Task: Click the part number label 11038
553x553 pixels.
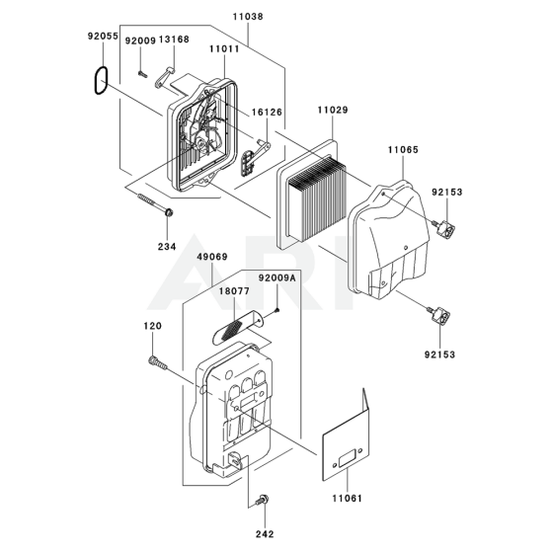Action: (x=248, y=17)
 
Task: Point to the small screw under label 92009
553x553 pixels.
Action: (x=142, y=73)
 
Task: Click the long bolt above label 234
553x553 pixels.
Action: (x=155, y=203)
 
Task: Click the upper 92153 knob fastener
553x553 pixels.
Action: (x=443, y=227)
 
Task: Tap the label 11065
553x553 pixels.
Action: (x=403, y=150)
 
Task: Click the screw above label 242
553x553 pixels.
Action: (x=264, y=500)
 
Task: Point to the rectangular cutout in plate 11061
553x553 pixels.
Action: (x=348, y=459)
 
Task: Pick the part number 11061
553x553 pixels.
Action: (x=347, y=499)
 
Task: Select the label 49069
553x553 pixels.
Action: (x=212, y=257)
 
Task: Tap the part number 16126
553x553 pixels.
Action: (x=267, y=113)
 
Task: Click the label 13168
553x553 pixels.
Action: (x=174, y=39)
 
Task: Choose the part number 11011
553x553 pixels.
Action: (x=224, y=48)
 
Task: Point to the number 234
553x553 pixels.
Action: (x=167, y=247)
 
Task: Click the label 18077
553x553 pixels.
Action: (x=234, y=291)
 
